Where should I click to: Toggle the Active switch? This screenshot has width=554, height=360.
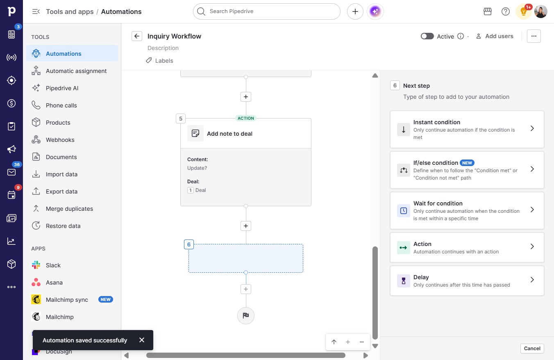427,36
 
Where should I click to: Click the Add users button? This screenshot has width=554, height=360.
495,36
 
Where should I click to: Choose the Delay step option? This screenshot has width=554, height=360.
467,280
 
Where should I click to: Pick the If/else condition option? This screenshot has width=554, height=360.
467,170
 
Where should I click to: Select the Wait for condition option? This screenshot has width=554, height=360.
467,211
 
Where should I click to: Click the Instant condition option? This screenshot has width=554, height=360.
467,130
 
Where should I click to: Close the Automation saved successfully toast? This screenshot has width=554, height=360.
142,340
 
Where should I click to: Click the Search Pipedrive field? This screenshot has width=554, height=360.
267,11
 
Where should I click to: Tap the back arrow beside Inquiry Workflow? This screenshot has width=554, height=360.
137,36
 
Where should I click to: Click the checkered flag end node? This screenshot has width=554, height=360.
245,315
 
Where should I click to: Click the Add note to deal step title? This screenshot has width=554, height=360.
229,134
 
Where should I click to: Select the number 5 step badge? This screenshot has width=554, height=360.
181,118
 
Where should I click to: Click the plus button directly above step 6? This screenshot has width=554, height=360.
245,226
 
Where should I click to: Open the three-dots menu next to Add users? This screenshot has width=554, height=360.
534,36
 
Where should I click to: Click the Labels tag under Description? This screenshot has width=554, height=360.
159,61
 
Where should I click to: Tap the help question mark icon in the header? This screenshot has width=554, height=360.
506,11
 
